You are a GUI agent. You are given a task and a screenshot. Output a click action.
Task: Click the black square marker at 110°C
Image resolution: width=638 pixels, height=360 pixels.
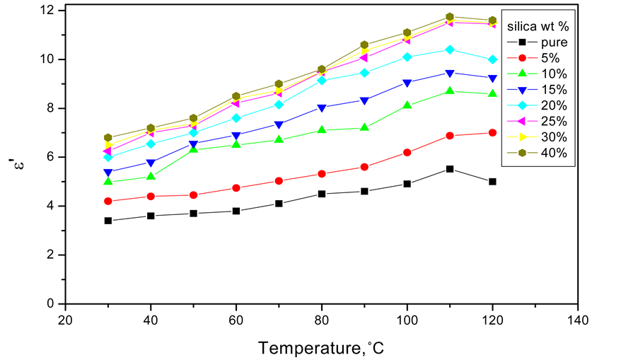tap(450, 169)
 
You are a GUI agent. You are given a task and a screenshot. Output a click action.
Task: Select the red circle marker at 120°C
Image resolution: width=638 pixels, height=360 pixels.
tap(492, 133)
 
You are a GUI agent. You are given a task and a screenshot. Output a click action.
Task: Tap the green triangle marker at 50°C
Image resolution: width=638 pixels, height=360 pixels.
tap(194, 150)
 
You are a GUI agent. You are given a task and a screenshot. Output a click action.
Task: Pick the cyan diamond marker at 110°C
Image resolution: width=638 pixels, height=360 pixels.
tap(450, 50)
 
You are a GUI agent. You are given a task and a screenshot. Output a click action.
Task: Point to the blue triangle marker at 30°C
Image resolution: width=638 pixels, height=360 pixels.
tap(108, 173)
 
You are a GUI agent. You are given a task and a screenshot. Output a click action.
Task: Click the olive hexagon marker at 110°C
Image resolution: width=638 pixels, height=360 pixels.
tap(450, 17)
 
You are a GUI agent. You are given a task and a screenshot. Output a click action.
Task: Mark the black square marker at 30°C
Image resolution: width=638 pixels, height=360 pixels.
tap(108, 221)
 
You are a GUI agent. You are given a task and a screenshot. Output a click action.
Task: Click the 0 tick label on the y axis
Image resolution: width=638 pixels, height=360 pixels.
tap(53, 303)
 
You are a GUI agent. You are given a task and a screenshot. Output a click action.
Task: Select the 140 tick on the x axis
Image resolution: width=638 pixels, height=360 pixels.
tap(578, 319)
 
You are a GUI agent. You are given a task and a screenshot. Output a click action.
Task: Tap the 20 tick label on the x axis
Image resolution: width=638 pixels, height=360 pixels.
tap(65, 319)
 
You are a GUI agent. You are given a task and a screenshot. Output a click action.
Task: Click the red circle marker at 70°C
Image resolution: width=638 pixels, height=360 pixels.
tap(279, 181)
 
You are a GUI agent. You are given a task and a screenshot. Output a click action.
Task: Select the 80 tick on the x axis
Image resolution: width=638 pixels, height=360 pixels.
tap(322, 319)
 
